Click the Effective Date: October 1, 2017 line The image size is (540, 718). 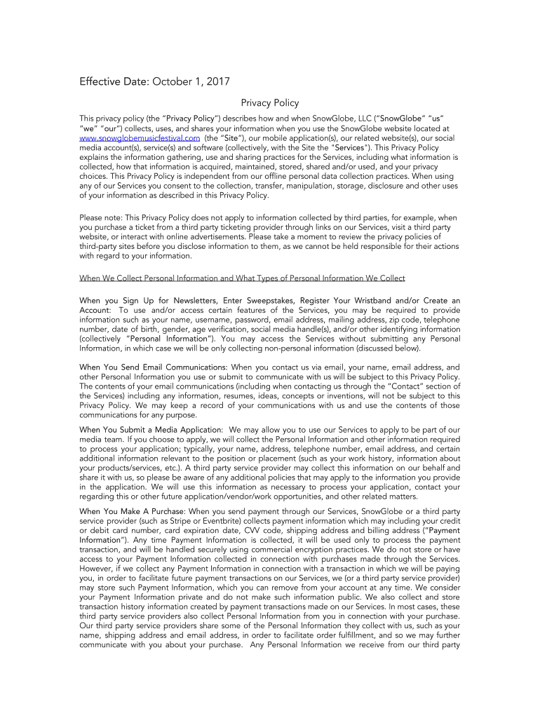[154, 82]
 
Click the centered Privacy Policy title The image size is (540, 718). [270, 103]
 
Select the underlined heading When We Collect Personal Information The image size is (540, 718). [242, 278]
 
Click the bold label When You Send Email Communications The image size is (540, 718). [153, 367]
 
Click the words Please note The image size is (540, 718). [100, 218]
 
